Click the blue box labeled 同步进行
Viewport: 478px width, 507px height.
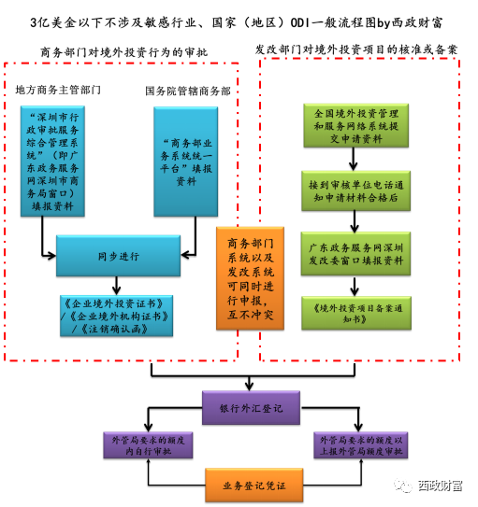click(x=118, y=256)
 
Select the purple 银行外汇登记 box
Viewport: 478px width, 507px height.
click(x=251, y=408)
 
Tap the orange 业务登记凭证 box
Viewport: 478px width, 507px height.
click(x=253, y=485)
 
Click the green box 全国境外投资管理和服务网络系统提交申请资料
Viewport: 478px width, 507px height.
click(x=355, y=126)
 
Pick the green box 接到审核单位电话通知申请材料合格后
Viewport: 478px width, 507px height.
click(x=355, y=191)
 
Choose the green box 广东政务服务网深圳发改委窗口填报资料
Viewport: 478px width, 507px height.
click(x=355, y=254)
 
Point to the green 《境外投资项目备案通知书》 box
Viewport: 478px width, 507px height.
click(x=356, y=313)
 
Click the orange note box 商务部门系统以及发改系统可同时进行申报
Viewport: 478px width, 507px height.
click(x=250, y=278)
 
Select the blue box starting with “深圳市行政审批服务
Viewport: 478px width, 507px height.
click(x=52, y=161)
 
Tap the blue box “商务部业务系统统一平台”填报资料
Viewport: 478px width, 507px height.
click(x=186, y=162)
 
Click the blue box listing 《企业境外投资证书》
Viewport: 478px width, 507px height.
click(x=116, y=316)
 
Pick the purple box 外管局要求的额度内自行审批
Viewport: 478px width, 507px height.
click(x=148, y=445)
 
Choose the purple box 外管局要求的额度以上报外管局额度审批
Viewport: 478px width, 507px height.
click(x=361, y=445)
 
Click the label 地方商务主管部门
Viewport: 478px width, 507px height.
click(x=58, y=90)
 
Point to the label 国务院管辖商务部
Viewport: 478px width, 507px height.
click(x=188, y=91)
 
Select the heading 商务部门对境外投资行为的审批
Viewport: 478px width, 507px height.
click(x=123, y=52)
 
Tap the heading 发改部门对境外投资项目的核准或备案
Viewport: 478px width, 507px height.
click(x=356, y=49)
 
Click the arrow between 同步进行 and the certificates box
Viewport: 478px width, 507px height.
click(x=116, y=286)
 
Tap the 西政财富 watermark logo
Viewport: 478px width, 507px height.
click(x=428, y=485)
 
